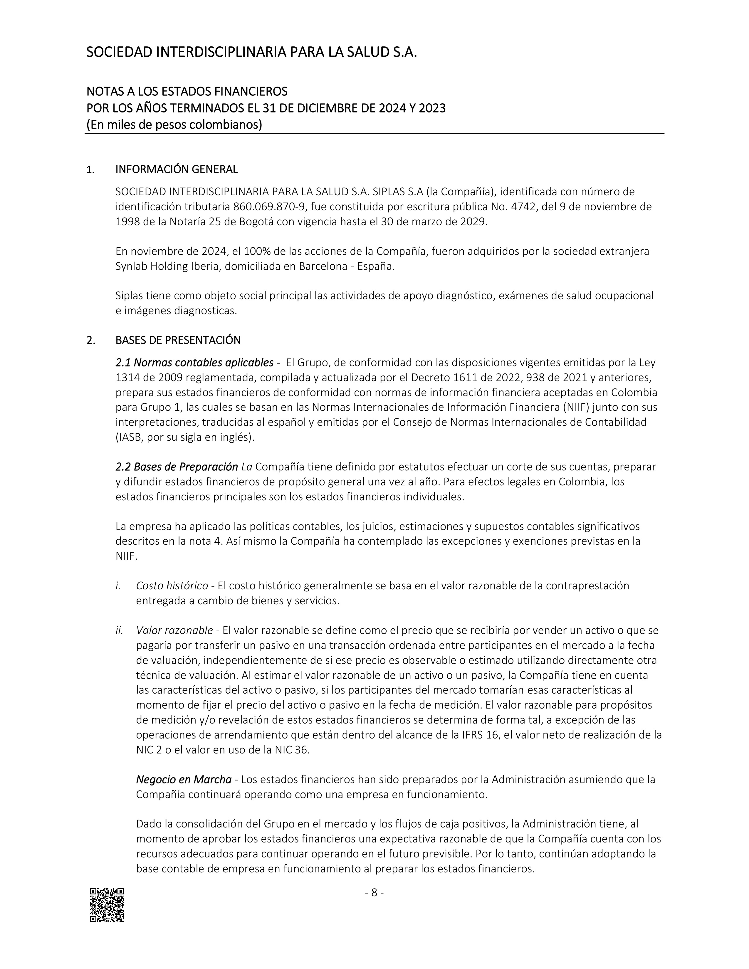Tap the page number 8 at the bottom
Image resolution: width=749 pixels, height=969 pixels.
tap(374, 892)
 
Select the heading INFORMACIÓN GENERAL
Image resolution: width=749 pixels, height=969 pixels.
tap(176, 169)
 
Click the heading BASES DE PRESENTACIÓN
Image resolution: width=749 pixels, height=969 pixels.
tap(178, 340)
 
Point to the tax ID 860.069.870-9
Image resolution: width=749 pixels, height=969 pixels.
tap(268, 207)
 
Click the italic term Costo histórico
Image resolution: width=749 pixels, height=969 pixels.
tap(172, 586)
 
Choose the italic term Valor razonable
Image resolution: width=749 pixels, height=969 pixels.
tap(174, 630)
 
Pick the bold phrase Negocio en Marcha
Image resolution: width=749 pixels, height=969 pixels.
tap(184, 780)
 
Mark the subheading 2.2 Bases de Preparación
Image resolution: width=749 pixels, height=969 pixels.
tap(177, 467)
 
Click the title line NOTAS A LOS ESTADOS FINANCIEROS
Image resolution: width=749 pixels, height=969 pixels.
tap(187, 91)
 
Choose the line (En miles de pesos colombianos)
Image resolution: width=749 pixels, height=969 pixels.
tap(174, 125)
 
